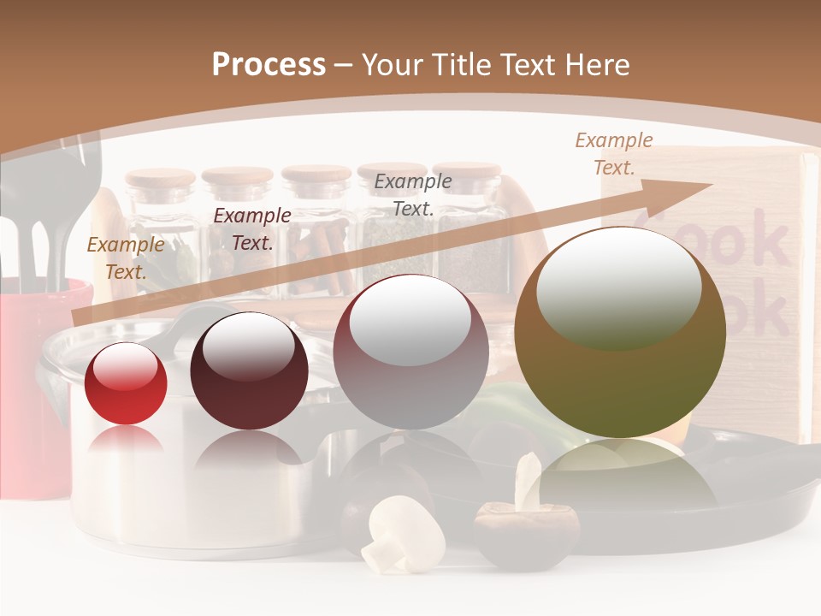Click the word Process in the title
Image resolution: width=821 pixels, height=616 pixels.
(x=269, y=65)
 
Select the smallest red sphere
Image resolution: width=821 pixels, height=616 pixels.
(x=126, y=385)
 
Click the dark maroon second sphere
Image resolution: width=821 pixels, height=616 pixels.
(x=249, y=372)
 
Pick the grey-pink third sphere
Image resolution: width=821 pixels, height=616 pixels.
(x=410, y=352)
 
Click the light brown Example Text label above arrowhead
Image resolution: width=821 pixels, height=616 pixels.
(x=613, y=154)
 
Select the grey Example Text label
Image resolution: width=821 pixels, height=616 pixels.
(x=413, y=195)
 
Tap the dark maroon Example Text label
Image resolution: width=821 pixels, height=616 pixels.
(x=252, y=229)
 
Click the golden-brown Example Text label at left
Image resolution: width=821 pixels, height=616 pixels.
(x=126, y=258)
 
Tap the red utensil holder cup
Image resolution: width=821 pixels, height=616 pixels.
(x=38, y=385)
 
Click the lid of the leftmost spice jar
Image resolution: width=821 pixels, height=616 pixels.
(x=161, y=178)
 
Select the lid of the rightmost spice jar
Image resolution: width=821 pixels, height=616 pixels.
(x=467, y=169)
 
